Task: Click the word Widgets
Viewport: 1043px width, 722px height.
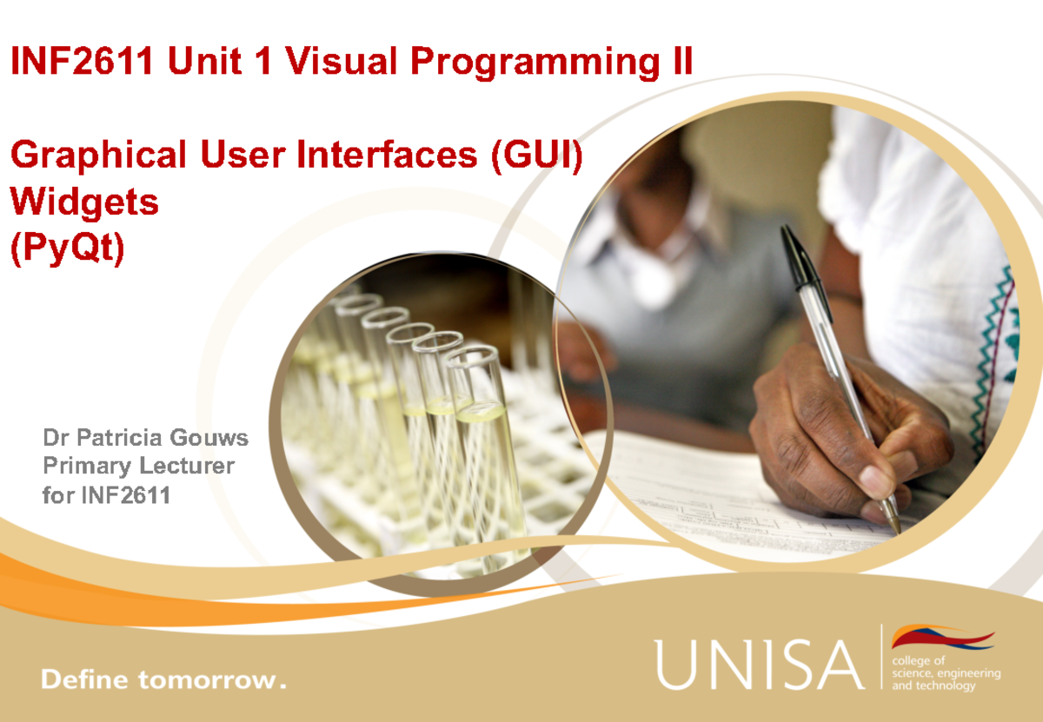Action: [x=84, y=202]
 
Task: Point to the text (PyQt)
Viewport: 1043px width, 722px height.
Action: [x=67, y=248]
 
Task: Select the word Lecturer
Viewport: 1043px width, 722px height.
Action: [x=186, y=466]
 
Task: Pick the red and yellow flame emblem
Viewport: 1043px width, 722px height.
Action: [x=942, y=639]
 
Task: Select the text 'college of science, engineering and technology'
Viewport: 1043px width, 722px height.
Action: [x=947, y=673]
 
